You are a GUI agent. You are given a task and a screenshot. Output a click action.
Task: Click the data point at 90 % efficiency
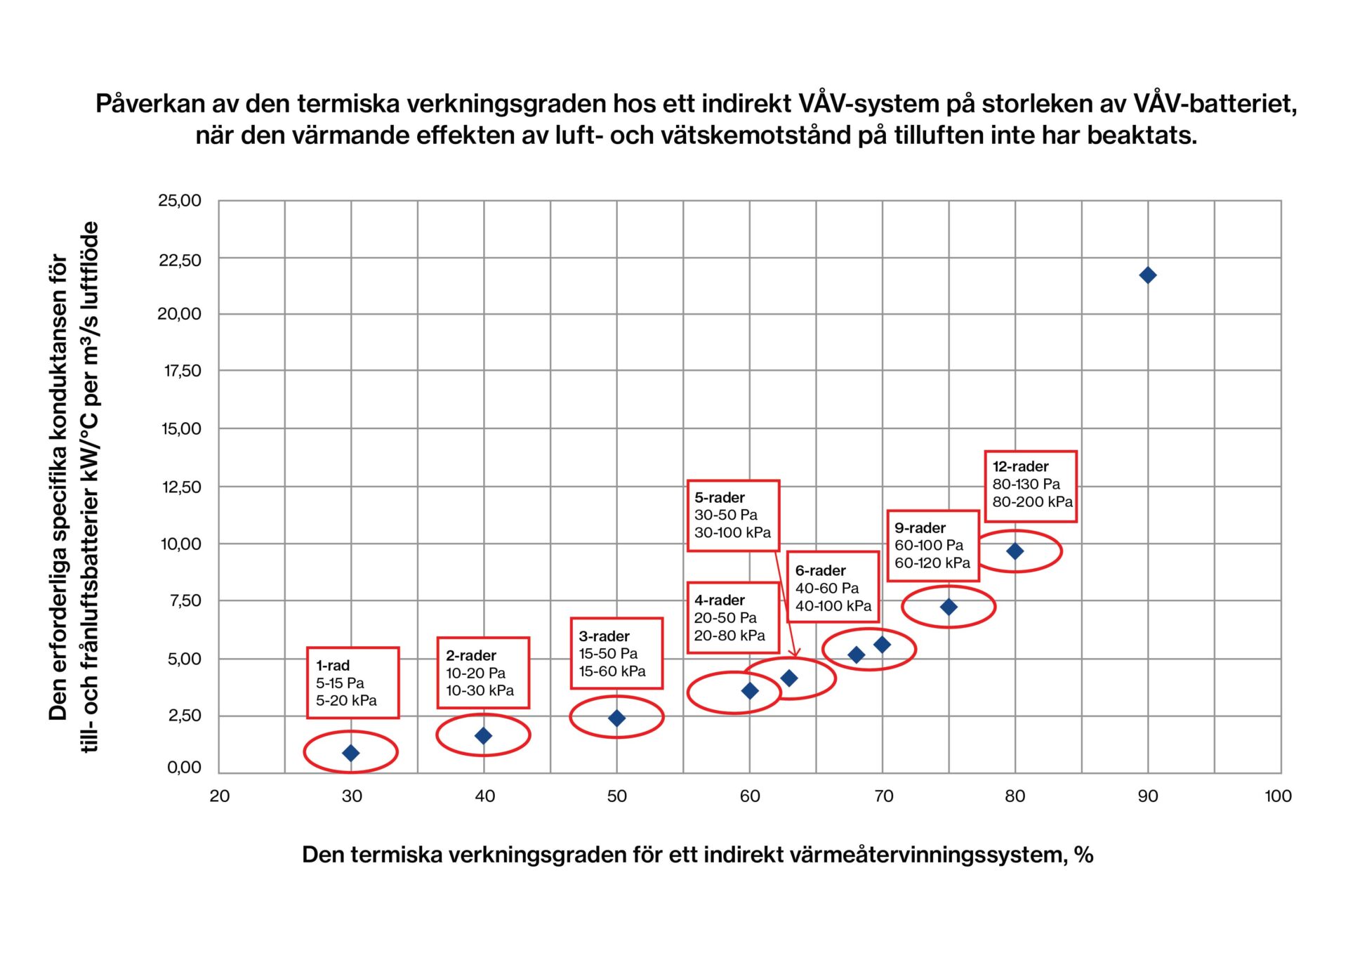tap(1147, 275)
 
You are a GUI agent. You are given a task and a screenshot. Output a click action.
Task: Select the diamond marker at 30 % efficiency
tap(351, 753)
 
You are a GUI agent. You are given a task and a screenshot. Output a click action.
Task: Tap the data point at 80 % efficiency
tap(1015, 551)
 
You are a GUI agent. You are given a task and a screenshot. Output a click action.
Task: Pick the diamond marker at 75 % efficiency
tap(949, 607)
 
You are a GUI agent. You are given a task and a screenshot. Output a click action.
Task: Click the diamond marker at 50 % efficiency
tap(616, 718)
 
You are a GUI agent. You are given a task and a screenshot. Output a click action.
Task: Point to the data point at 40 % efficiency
tap(483, 736)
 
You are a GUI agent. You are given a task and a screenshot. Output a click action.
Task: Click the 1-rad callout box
tap(352, 683)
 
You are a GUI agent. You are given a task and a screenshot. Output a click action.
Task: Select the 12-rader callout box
tap(1030, 486)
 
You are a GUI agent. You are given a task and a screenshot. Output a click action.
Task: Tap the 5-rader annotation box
tap(733, 515)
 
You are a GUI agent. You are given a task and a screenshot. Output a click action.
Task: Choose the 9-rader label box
tap(932, 546)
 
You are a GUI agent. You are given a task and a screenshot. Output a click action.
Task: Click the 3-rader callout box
tap(616, 653)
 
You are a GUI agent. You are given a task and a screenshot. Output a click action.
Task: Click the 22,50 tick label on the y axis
tap(180, 261)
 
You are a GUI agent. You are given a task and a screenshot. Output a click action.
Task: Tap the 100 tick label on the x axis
tap(1278, 796)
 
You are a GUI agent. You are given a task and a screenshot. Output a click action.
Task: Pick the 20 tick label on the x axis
tap(220, 796)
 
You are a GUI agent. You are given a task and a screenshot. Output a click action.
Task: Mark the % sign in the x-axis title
tap(1083, 855)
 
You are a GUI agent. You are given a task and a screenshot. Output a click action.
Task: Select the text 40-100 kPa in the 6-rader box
tap(833, 605)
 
